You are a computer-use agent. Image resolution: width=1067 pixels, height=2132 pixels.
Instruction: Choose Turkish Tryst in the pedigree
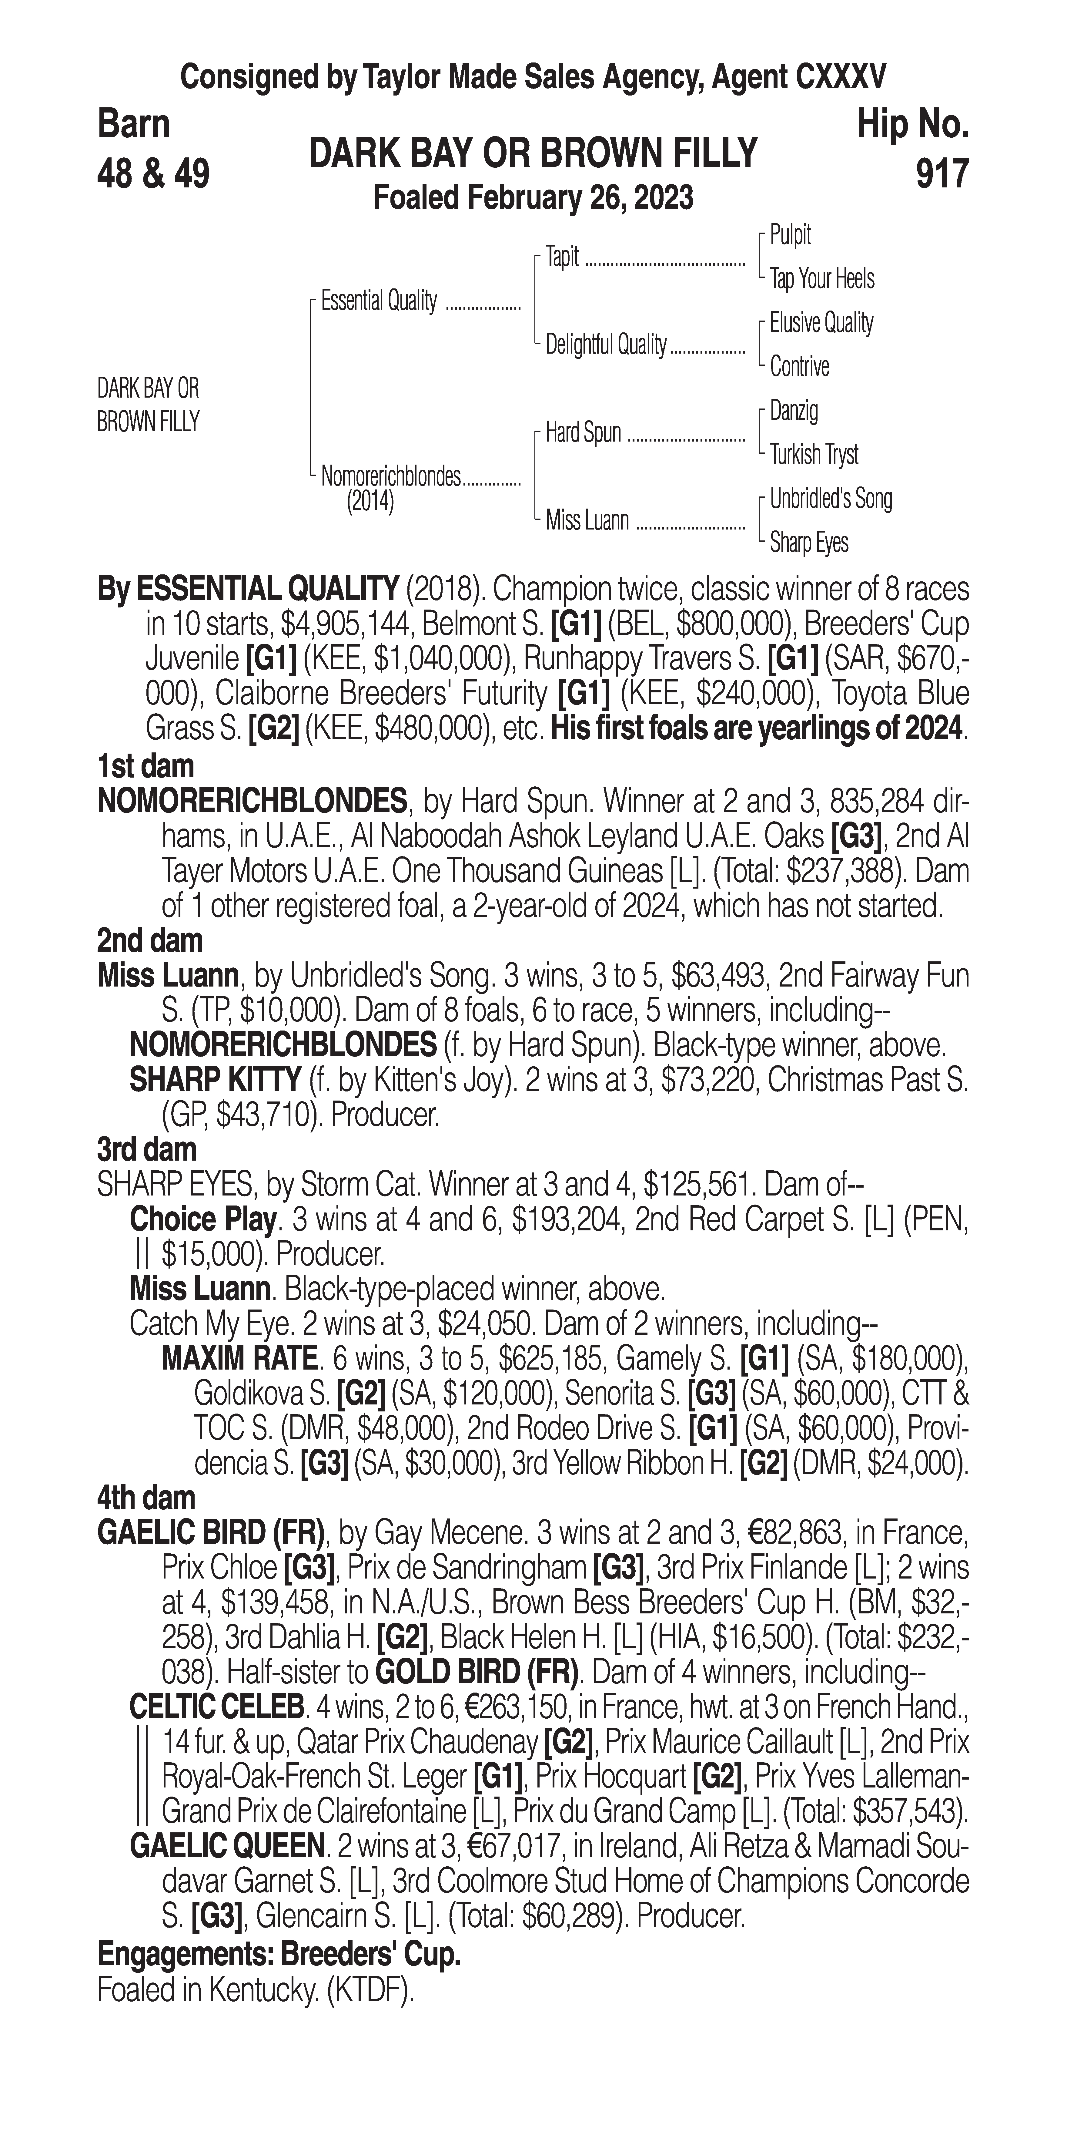click(814, 454)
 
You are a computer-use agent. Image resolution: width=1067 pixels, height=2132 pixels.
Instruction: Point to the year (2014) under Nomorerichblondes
click(370, 502)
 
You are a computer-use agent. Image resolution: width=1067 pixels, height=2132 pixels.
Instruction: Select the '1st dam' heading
click(145, 766)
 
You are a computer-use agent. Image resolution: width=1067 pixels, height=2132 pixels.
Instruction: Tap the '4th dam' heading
click(146, 1498)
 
